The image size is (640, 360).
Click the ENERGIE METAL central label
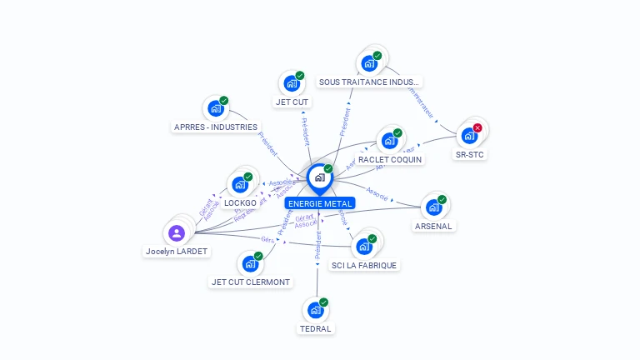(x=319, y=203)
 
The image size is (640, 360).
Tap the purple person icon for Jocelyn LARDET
(x=177, y=233)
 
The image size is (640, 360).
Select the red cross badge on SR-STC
(x=477, y=127)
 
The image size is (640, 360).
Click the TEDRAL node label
(x=316, y=328)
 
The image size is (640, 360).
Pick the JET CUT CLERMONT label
(x=251, y=282)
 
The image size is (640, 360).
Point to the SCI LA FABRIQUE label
(x=364, y=265)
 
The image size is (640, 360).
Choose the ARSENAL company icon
(x=432, y=207)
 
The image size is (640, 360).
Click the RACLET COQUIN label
(x=390, y=159)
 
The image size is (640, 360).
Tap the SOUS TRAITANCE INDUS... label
(x=370, y=82)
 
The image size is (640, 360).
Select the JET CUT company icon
(x=291, y=82)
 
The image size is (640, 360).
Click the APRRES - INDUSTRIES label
(x=216, y=127)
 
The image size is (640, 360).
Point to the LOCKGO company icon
(x=239, y=184)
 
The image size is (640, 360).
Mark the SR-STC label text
(x=469, y=154)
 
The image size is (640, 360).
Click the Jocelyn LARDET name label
(x=177, y=251)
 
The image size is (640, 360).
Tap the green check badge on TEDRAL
(x=323, y=302)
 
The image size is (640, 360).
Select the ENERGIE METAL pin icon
(x=319, y=177)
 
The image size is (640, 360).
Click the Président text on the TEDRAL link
(x=318, y=252)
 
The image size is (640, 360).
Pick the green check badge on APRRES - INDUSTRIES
(x=223, y=101)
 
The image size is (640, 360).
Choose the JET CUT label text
(x=292, y=102)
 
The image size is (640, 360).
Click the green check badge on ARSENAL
(x=442, y=199)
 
